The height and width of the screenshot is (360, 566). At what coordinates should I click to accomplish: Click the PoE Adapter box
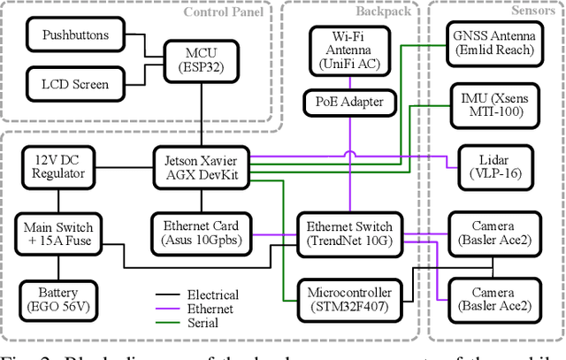click(350, 102)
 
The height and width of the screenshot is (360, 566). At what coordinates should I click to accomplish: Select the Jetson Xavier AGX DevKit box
click(203, 165)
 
